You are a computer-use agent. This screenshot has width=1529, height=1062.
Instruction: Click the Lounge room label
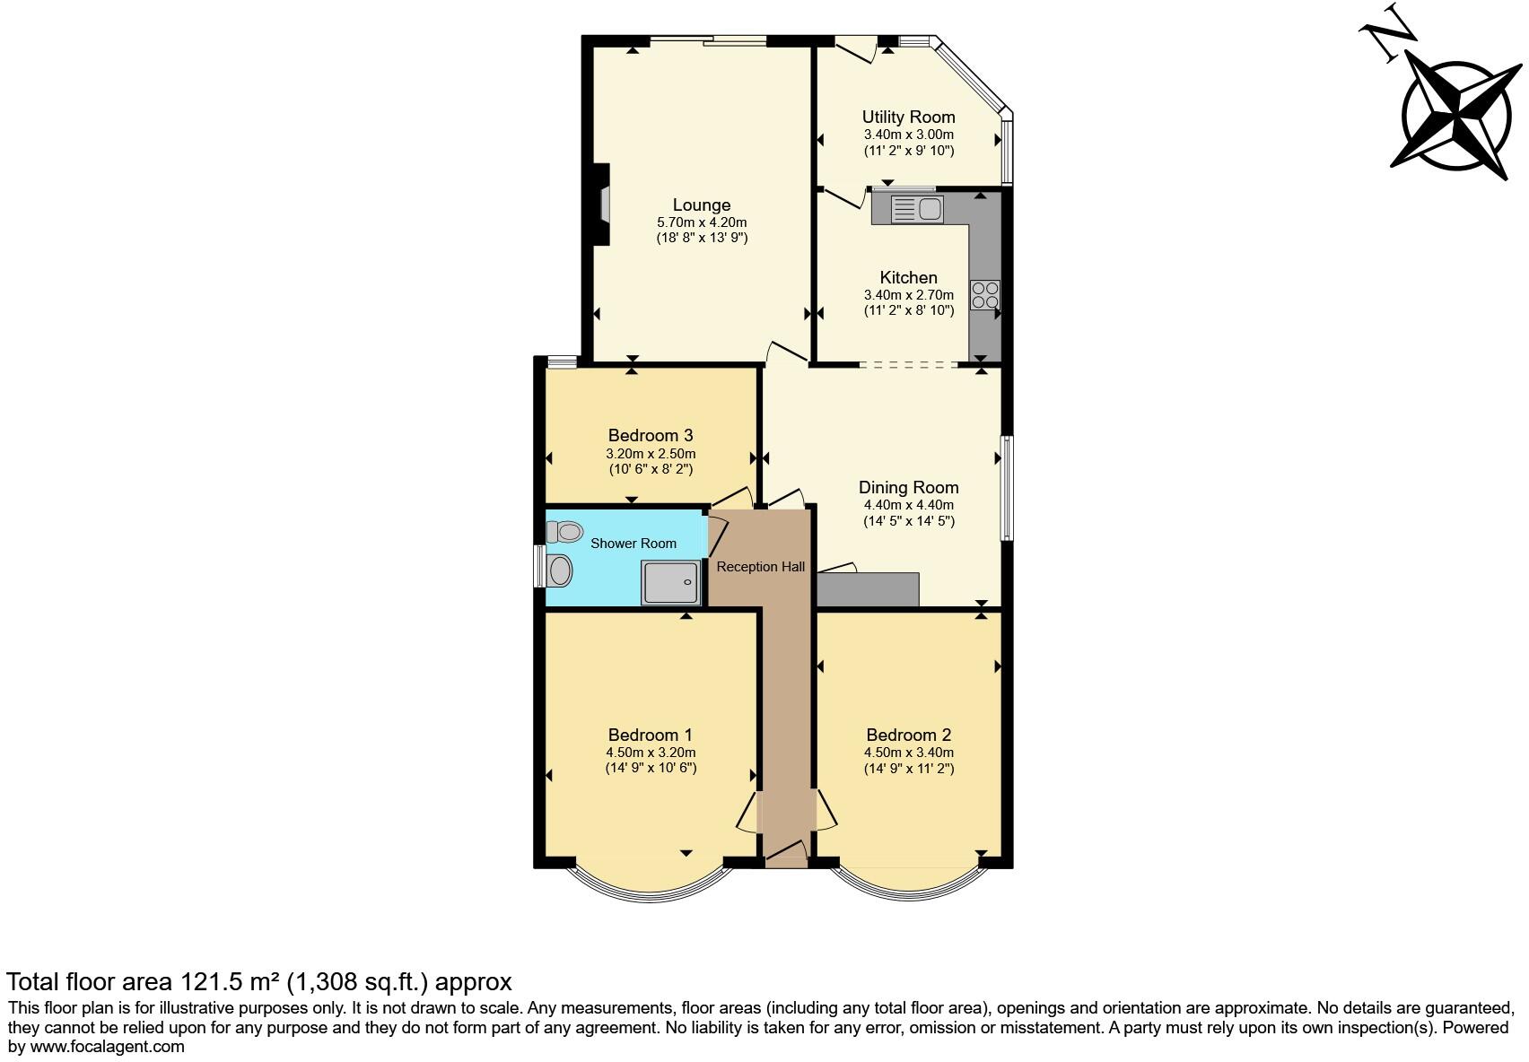click(x=702, y=205)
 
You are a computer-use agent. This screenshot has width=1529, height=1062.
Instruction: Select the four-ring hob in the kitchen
click(x=984, y=295)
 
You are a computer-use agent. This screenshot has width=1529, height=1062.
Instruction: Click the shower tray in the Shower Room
click(x=670, y=582)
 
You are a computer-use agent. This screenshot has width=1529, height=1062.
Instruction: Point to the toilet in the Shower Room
click(x=565, y=532)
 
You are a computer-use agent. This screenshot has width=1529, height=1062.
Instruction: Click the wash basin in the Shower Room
click(x=560, y=570)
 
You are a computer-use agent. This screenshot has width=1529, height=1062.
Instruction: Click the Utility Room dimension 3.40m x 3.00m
click(x=908, y=135)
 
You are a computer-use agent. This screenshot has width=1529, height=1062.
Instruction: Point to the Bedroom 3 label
click(x=651, y=436)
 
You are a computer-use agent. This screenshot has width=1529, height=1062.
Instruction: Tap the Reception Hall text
click(x=760, y=567)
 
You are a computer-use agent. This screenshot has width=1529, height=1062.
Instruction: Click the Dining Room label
click(x=908, y=488)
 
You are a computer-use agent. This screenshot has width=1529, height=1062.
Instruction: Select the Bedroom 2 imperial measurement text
click(x=908, y=769)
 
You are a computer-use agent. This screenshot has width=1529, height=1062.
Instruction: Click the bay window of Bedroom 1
click(x=650, y=889)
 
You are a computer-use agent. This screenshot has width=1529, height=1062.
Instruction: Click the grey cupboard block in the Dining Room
click(x=868, y=589)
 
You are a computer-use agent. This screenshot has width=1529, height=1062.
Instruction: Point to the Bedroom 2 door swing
click(x=826, y=810)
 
